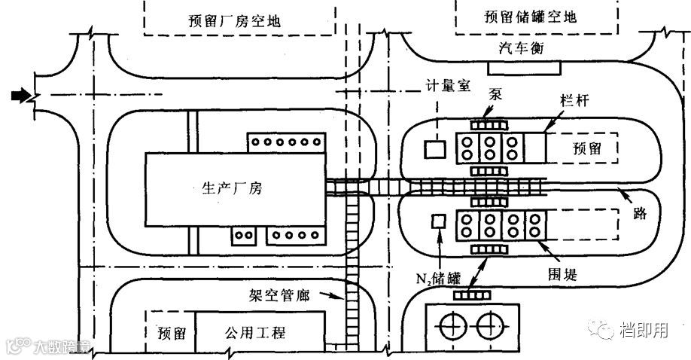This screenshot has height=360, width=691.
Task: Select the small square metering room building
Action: click(434, 149)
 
